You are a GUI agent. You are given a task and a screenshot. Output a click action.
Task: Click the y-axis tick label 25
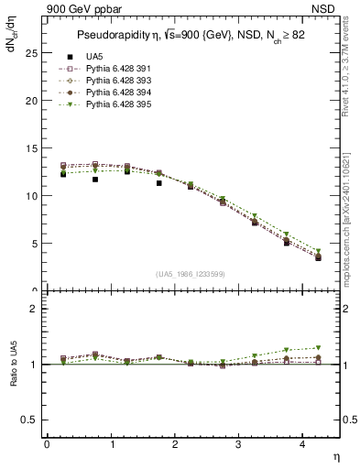[31, 52]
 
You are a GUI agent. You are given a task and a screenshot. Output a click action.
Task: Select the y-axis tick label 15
[31, 147]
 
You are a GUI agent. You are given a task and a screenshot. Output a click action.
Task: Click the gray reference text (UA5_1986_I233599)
[191, 275]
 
